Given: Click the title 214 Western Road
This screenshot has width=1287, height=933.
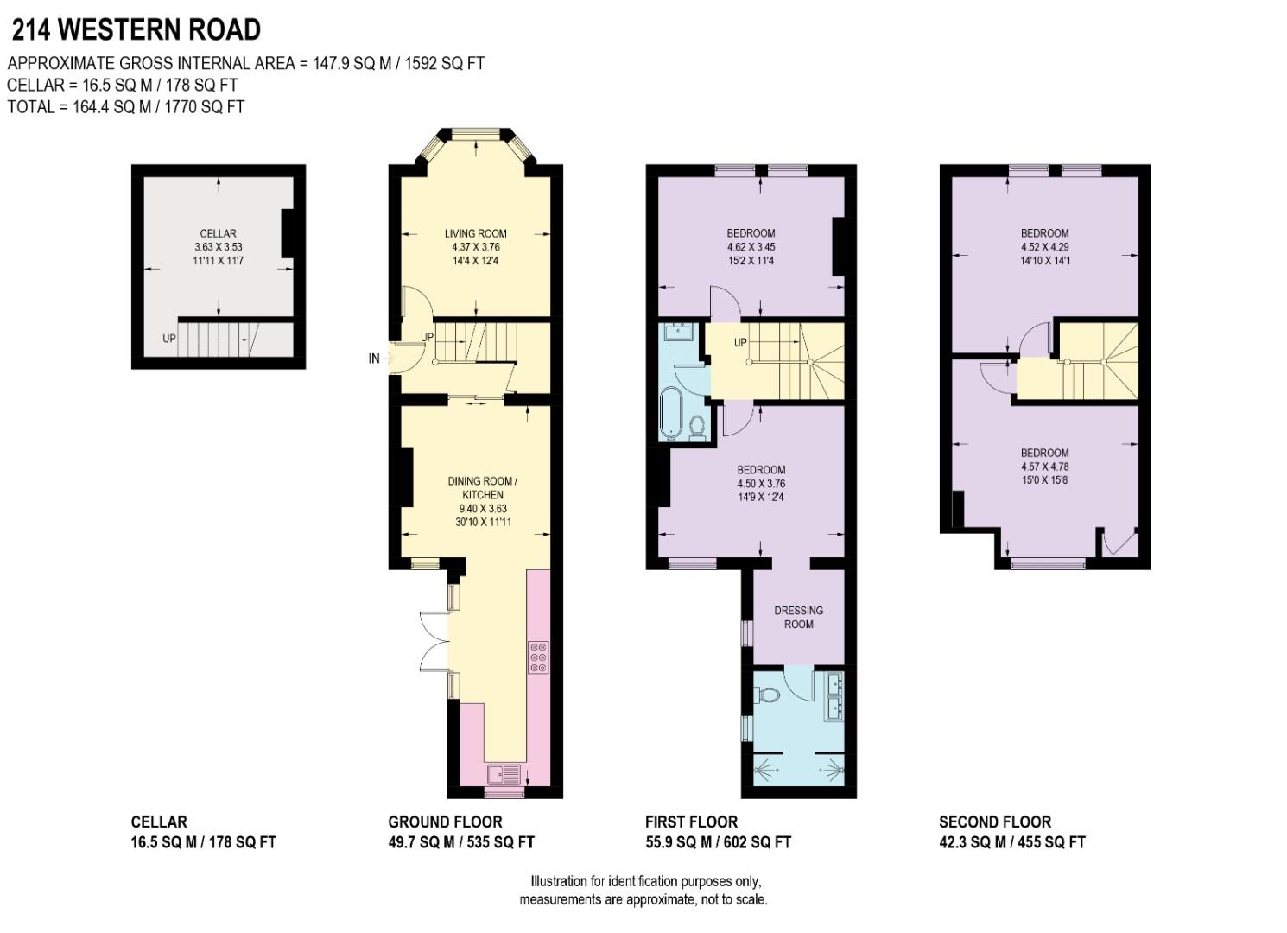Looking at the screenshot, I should coord(136,30).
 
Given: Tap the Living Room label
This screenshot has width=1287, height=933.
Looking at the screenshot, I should coord(475,233).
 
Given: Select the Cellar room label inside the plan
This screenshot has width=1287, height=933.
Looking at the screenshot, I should coord(218,233).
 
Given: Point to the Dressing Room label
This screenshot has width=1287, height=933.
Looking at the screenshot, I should coord(798,617).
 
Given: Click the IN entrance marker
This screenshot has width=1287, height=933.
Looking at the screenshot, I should coord(374,359).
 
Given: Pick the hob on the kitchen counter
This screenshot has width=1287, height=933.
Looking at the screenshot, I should coord(538,657).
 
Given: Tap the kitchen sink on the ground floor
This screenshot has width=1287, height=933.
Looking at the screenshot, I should coord(504,773).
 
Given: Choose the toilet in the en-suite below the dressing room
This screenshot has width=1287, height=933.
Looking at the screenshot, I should coord(765,694).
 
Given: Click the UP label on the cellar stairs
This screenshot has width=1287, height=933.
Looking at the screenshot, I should coord(169,339).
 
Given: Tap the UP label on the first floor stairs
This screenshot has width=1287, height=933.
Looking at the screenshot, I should coord(740,343).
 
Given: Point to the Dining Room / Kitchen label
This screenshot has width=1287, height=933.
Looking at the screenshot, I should coord(482,488).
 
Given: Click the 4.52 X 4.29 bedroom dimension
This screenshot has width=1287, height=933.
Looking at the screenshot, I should coord(1044,246).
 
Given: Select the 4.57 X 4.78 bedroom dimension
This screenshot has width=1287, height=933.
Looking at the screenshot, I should coord(1044,466).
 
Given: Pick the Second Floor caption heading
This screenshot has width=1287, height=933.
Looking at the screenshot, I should coord(995,822).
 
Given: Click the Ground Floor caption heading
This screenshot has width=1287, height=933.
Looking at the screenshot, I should coord(445,822).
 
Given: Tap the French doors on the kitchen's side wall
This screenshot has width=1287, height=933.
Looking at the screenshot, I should coord(434,640).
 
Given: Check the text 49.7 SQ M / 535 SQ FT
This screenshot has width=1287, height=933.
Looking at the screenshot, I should coord(461,842).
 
